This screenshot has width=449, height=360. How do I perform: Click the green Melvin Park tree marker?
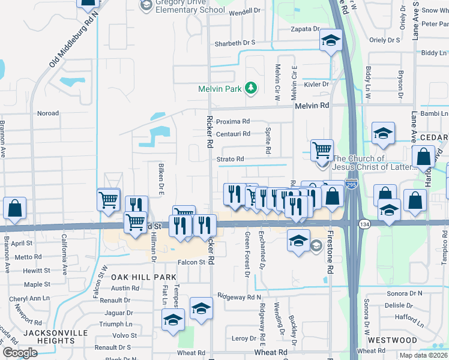click(x=251, y=89)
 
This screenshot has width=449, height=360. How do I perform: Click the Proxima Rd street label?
click(x=232, y=121)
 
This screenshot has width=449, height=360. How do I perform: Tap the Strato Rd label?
click(x=231, y=159)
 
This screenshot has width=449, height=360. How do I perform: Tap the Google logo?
click(x=19, y=353)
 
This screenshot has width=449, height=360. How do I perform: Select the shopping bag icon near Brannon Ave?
click(x=14, y=208)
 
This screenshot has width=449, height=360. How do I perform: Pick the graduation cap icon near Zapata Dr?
click(x=330, y=40)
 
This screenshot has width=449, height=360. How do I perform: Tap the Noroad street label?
click(x=48, y=113)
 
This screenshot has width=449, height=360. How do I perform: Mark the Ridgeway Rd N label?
click(x=240, y=297)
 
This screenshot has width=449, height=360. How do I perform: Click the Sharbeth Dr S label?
click(x=235, y=43)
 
